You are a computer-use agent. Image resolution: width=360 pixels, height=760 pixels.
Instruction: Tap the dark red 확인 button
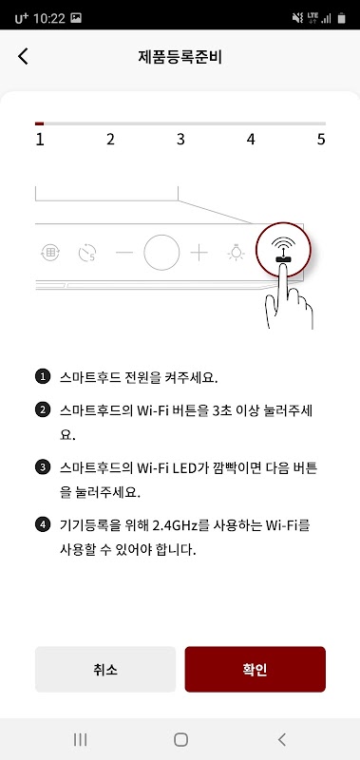pyautogui.click(x=255, y=669)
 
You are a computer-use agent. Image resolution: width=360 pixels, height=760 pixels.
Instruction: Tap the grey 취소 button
pyautogui.click(x=105, y=669)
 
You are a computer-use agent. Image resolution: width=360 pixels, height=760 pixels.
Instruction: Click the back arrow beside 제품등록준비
pyautogui.click(x=23, y=56)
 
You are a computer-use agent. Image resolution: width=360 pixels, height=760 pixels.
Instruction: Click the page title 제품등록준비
pyautogui.click(x=180, y=57)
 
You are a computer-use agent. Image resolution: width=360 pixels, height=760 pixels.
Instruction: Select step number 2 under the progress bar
pyautogui.click(x=110, y=140)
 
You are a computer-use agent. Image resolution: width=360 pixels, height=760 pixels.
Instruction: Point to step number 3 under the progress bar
pyautogui.click(x=180, y=140)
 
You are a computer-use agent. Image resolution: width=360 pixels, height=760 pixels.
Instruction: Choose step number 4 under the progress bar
pyautogui.click(x=251, y=140)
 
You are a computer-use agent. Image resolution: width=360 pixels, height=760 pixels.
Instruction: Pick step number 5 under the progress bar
pyautogui.click(x=321, y=140)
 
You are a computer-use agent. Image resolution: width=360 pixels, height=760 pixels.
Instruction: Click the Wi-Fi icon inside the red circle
pyautogui.click(x=283, y=250)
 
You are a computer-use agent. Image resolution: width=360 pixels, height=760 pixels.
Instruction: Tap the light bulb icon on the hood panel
pyautogui.click(x=236, y=253)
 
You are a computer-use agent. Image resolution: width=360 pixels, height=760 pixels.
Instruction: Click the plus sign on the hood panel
pyautogui.click(x=199, y=253)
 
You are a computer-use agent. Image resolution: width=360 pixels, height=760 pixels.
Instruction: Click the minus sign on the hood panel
pyautogui.click(x=124, y=253)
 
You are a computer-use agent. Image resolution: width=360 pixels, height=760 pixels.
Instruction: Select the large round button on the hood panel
pyautogui.click(x=161, y=253)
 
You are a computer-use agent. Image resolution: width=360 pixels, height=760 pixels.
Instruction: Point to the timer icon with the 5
pyautogui.click(x=87, y=253)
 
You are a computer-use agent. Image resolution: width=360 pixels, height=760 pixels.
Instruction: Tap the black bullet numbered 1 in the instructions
pyautogui.click(x=43, y=376)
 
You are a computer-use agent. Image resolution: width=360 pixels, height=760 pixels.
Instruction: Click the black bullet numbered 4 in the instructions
pyautogui.click(x=43, y=524)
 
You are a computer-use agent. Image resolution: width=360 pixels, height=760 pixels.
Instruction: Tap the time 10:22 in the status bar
pyautogui.click(x=49, y=19)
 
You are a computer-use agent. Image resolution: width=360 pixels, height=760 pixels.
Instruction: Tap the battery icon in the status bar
pyautogui.click(x=342, y=18)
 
